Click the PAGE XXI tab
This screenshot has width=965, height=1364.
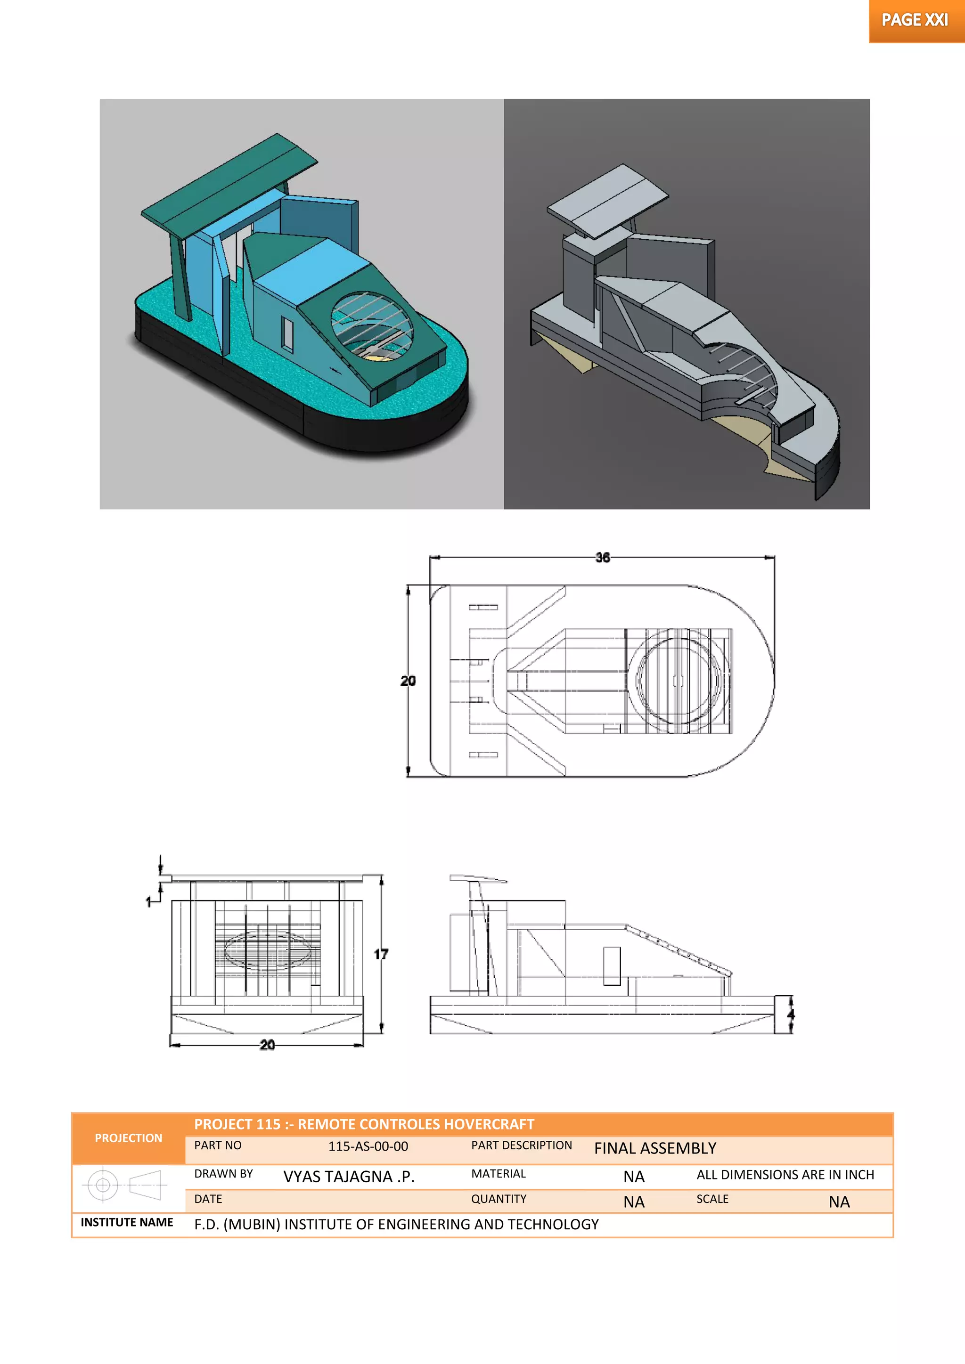point(915,21)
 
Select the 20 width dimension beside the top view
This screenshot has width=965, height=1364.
point(408,681)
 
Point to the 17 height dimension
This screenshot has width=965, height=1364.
point(381,954)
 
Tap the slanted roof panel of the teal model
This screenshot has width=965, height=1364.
point(229,184)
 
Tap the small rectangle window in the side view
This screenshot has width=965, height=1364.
point(612,966)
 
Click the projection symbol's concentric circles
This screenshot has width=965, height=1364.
point(103,1185)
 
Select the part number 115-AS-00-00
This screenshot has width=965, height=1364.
point(368,1146)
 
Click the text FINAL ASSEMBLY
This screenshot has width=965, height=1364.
point(655,1148)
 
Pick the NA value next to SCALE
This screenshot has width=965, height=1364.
point(839,1202)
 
